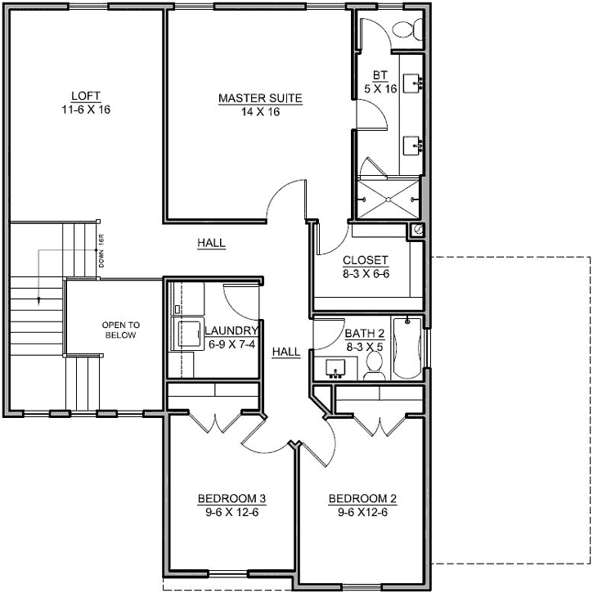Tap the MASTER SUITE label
[x=260, y=99]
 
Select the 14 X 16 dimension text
[x=260, y=112]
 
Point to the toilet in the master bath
[x=406, y=29]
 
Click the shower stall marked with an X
[x=389, y=196]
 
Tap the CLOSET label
[x=366, y=261]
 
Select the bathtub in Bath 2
[x=406, y=348]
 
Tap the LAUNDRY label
[x=231, y=330]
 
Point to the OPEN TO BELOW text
[x=119, y=330]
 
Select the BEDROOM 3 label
[x=231, y=499]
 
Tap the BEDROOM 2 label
[x=362, y=499]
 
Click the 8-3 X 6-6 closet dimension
[x=366, y=274]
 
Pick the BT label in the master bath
[x=380, y=75]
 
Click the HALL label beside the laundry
[x=286, y=352]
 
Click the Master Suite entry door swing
[x=286, y=200]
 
